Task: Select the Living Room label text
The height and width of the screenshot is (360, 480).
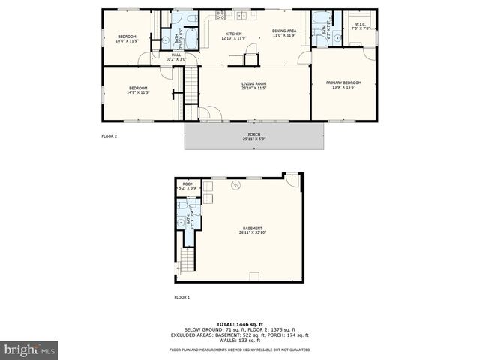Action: point(254,85)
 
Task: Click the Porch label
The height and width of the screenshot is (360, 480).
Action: point(254,137)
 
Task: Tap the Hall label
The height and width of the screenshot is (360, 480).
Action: point(176,56)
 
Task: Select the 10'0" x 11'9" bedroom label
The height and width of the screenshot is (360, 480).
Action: point(126,38)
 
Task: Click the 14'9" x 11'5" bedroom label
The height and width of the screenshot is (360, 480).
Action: point(139,91)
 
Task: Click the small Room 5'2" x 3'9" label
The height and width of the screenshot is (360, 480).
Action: point(188,186)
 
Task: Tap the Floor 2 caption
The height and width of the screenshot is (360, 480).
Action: point(109,136)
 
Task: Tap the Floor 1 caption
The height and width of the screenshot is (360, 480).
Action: point(182,298)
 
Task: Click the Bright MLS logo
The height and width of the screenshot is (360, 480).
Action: point(29,349)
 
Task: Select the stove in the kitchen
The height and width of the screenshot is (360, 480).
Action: point(220,14)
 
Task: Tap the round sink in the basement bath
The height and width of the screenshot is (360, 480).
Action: point(181,222)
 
